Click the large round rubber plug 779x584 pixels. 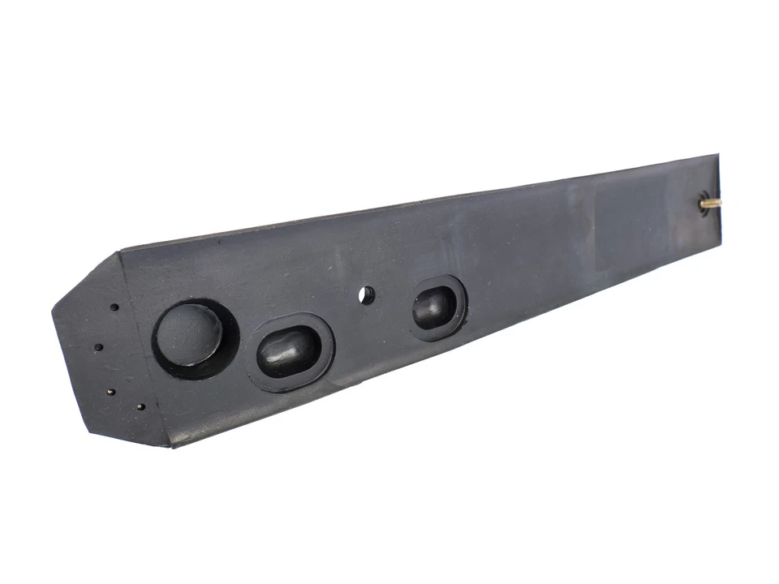(189, 335)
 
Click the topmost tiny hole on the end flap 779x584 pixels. (114, 308)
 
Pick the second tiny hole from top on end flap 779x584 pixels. (98, 347)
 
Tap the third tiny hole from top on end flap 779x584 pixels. (111, 393)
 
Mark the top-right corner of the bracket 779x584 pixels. (717, 155)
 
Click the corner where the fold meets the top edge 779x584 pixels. (119, 252)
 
